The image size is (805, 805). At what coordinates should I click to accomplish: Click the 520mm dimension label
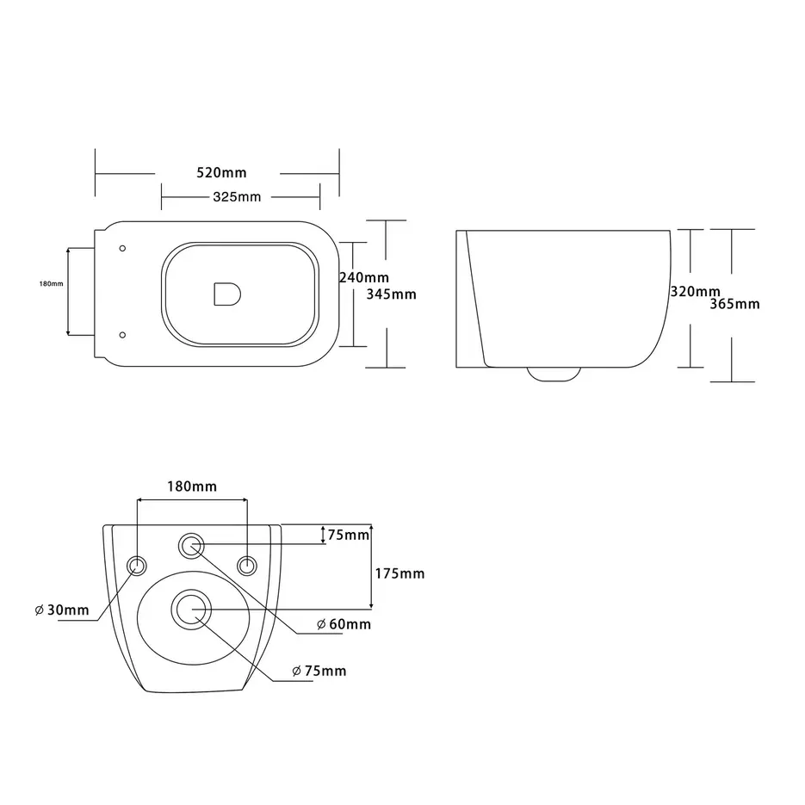(x=221, y=172)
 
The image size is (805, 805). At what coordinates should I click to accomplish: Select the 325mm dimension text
(x=237, y=196)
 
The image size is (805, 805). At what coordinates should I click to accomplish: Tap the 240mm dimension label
(x=364, y=277)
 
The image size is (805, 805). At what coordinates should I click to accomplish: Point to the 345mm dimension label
(x=391, y=294)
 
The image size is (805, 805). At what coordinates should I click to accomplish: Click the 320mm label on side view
(x=695, y=292)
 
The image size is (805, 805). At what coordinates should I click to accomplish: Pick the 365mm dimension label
(x=734, y=304)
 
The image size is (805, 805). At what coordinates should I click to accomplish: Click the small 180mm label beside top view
(x=52, y=284)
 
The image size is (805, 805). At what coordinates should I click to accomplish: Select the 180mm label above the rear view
(x=192, y=486)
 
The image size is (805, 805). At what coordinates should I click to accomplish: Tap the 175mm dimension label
(x=400, y=573)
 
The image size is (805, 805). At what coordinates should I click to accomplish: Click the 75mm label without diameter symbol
(x=349, y=535)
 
